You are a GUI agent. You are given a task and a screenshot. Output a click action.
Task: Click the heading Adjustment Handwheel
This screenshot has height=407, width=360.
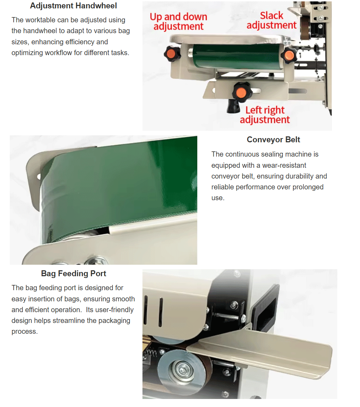pyautogui.click(x=73, y=6)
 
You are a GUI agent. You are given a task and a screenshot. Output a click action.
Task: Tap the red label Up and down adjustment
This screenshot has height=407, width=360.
pyautogui.click(x=178, y=22)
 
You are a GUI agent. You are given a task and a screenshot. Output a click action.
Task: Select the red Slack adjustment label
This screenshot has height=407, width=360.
pyautogui.click(x=272, y=21)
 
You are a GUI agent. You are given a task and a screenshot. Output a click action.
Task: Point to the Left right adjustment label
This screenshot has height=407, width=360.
pyautogui.click(x=265, y=115)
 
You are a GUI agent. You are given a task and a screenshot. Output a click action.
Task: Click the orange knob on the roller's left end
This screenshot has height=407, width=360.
pyautogui.click(x=172, y=53)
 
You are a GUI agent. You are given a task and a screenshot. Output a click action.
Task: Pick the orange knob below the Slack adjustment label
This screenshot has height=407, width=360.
pyautogui.click(x=288, y=55)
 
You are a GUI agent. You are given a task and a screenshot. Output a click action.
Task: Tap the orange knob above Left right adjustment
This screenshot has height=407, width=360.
pyautogui.click(x=242, y=92)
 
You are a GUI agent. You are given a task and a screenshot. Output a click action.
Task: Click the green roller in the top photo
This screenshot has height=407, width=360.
pyautogui.click(x=236, y=56)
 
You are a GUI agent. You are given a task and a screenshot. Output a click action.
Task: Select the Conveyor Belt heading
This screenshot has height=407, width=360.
pyautogui.click(x=273, y=140)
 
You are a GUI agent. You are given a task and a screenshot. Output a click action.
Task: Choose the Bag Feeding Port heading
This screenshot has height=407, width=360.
pyautogui.click(x=74, y=273)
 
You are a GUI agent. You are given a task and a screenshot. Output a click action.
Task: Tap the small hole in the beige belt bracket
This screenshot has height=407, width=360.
pyautogui.click(x=39, y=176)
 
